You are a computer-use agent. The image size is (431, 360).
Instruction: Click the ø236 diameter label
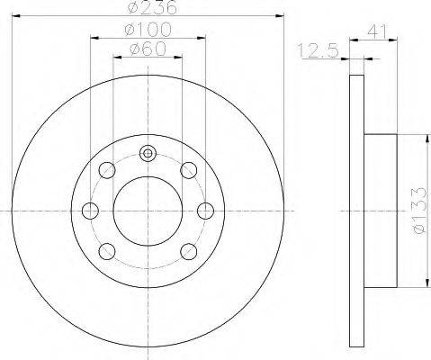(x=152, y=7)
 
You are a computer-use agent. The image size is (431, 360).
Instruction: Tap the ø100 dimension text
(x=148, y=30)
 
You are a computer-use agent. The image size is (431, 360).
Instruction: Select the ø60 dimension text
(x=148, y=49)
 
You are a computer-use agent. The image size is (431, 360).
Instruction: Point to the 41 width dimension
(x=377, y=31)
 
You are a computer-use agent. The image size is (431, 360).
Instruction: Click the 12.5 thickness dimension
(x=318, y=50)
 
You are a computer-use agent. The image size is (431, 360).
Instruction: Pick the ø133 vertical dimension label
(x=419, y=211)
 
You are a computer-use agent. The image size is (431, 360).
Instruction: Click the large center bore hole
(x=148, y=211)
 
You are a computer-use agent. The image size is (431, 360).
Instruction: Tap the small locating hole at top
(x=148, y=154)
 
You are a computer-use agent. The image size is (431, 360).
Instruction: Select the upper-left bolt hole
(x=107, y=170)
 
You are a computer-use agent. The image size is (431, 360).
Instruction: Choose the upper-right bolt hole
(x=189, y=170)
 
